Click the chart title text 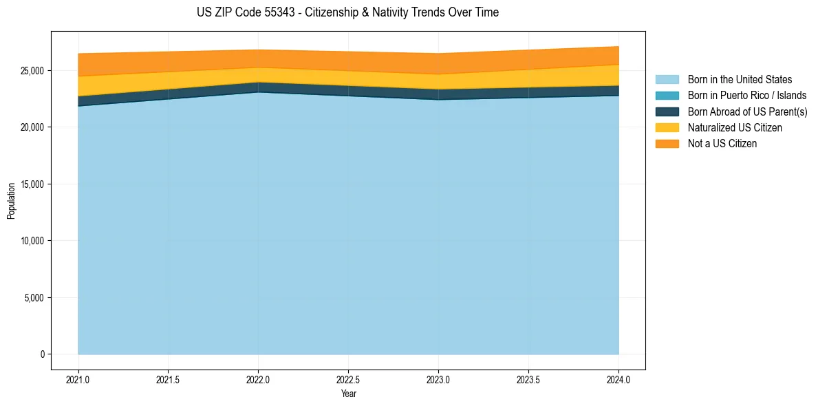coord(347,12)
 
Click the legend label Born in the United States coord(740,80)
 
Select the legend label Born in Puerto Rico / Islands coord(746,96)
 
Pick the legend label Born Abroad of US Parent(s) coord(747,111)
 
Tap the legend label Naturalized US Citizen coord(735,128)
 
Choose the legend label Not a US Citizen coord(722,144)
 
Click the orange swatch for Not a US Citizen coord(667,144)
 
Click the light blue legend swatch coord(667,80)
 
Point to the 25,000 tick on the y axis coord(32,71)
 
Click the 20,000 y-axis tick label coord(32,128)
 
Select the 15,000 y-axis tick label coord(32,184)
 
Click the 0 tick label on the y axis coord(41,354)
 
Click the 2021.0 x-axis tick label coord(78,379)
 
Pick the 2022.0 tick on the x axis coord(258,379)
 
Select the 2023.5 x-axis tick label coord(528,379)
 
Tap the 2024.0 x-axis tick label coord(618,379)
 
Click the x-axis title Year coord(348,394)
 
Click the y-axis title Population coord(11,201)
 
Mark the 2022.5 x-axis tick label coord(348,379)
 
